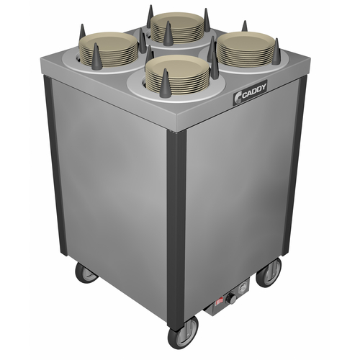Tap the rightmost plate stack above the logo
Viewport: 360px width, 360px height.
[244, 50]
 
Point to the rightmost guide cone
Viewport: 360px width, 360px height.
[276, 51]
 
